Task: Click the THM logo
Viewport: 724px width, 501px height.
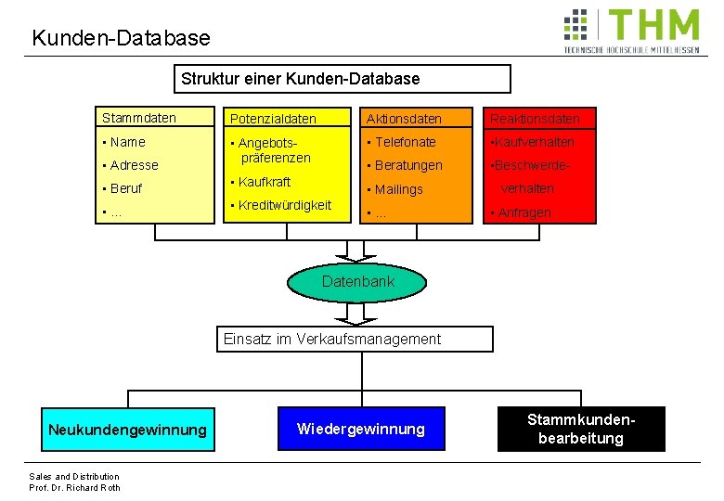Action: click(631, 32)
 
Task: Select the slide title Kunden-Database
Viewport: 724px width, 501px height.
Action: click(121, 38)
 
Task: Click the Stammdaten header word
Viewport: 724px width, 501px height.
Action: click(139, 118)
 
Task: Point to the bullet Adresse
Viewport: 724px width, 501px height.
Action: click(134, 165)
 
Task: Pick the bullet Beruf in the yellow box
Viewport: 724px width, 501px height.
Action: click(126, 188)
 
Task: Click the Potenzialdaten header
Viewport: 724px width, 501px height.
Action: click(273, 119)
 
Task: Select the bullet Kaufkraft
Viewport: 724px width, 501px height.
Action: click(265, 182)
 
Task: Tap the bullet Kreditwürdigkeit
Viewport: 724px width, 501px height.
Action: click(284, 205)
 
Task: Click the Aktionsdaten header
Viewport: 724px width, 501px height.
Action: click(404, 119)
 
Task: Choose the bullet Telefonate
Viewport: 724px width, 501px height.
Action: click(405, 142)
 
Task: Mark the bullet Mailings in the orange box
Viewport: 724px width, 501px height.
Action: click(398, 189)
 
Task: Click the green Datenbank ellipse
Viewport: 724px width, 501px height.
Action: click(358, 282)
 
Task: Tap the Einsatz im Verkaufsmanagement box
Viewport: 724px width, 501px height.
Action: click(332, 339)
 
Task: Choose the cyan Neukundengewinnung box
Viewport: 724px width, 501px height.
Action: click(128, 430)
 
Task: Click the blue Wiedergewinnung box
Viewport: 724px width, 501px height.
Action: click(360, 429)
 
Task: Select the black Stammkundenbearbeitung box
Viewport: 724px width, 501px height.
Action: click(581, 429)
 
